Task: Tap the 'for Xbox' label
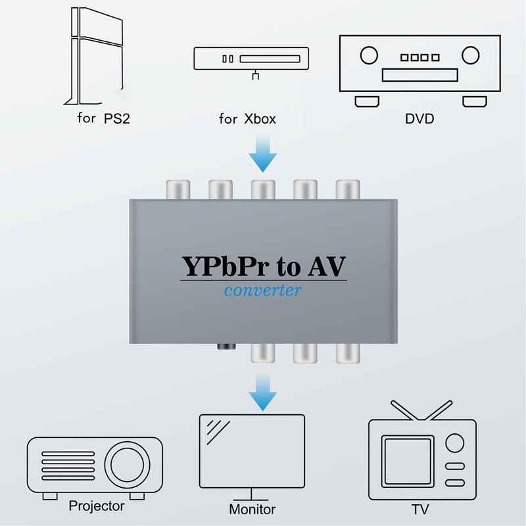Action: [247, 120]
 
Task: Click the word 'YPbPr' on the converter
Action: [223, 267]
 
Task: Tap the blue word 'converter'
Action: [263, 289]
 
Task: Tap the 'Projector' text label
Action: [97, 506]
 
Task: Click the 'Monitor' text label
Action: [252, 510]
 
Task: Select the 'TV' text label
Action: [420, 510]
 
